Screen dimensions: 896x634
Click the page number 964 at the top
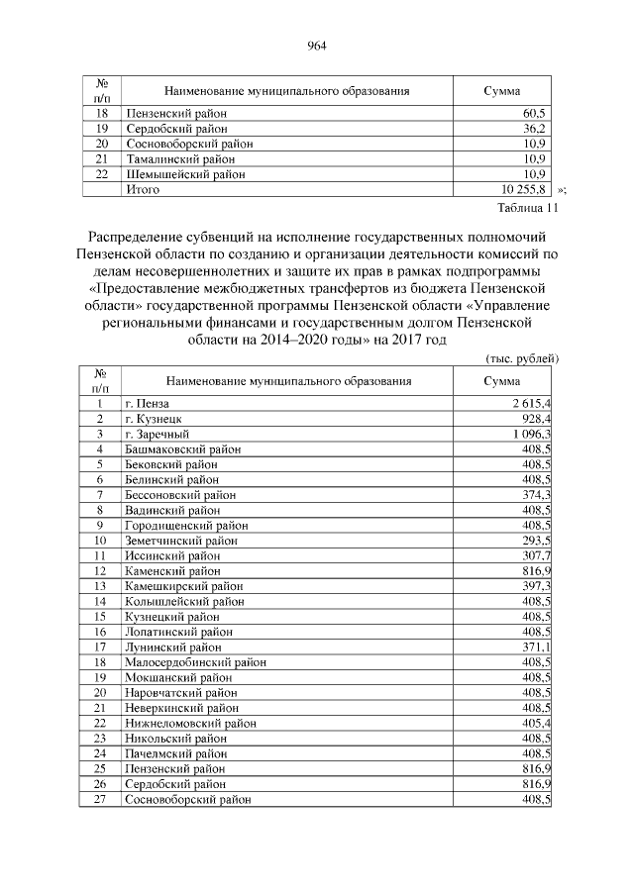pos(317,46)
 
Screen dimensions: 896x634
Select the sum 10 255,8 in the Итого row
pos(526,188)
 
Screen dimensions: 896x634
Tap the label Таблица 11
pos(527,208)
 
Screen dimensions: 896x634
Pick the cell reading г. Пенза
pos(148,404)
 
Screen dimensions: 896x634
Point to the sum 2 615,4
pos(532,404)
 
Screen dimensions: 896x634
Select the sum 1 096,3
pos(532,434)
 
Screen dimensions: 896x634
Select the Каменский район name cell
pos(172,570)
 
